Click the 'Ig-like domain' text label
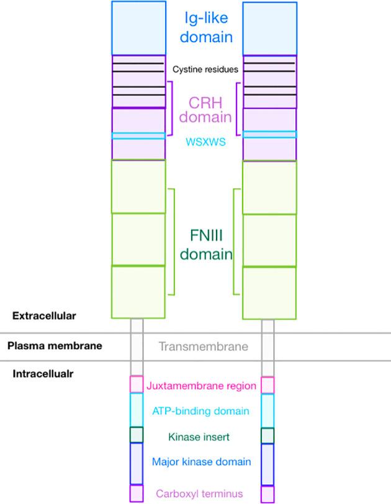tap(204, 27)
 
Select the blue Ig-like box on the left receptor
tap(138, 28)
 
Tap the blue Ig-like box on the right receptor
tap(269, 28)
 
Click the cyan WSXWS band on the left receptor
tap(138, 135)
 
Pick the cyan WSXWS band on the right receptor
tap(269, 135)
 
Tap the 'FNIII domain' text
tap(204, 244)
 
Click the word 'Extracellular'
tap(44, 316)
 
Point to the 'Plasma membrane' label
tap(55, 346)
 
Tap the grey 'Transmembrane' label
tap(204, 347)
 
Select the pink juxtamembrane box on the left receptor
tap(137, 384)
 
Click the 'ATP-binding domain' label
tap(200, 410)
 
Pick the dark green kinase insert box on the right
tap(267, 435)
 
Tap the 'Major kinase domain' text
tap(202, 461)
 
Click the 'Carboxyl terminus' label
tap(200, 493)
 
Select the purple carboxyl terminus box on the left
tap(137, 493)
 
